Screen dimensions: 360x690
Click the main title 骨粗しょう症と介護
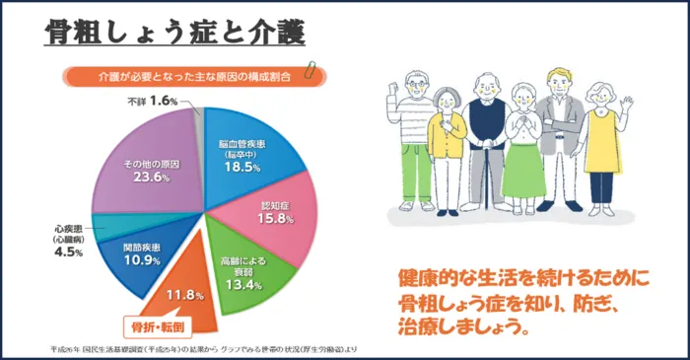point(173,33)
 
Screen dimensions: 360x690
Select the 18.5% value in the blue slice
point(241,169)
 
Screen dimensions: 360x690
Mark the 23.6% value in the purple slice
point(148,179)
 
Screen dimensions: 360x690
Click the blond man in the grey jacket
point(560,138)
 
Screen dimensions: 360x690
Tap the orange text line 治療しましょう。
point(462,324)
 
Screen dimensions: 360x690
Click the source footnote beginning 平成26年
point(197,349)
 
